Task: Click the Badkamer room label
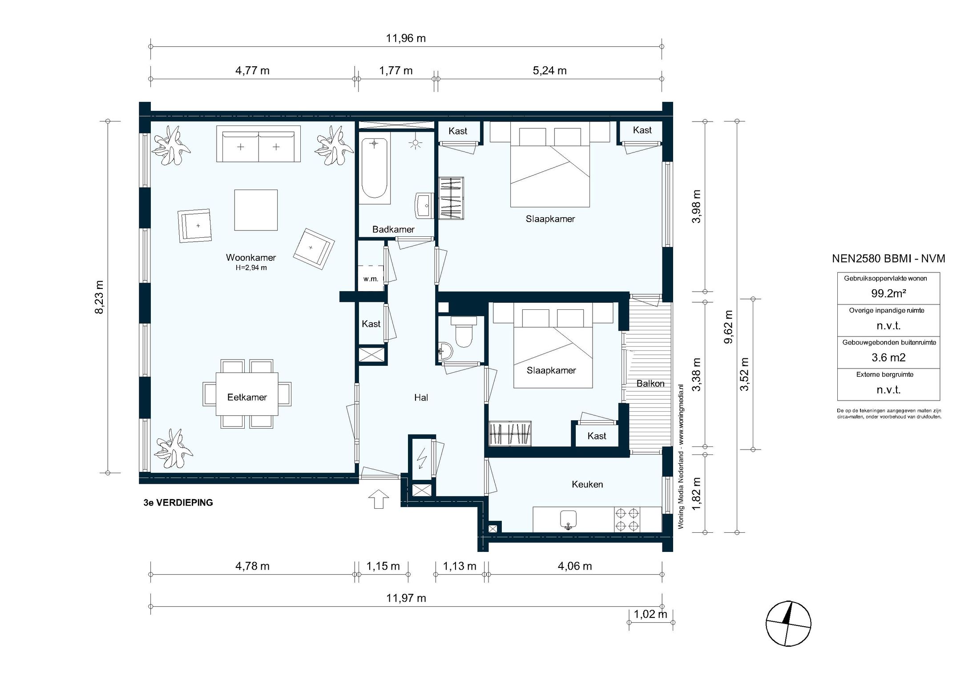(393, 229)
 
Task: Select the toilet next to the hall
(463, 331)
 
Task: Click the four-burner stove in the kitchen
(627, 519)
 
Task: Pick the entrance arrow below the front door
(379, 499)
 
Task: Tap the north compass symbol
(788, 623)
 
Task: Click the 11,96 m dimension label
(406, 38)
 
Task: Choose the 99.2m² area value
(888, 293)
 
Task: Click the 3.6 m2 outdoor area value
(888, 357)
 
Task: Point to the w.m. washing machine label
(371, 279)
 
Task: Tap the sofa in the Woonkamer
(258, 144)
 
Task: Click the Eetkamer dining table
(247, 394)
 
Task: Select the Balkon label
(650, 383)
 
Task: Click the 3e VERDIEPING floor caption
(178, 503)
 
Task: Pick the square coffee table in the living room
(256, 210)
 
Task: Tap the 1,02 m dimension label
(650, 614)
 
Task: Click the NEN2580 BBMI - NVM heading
(888, 259)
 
